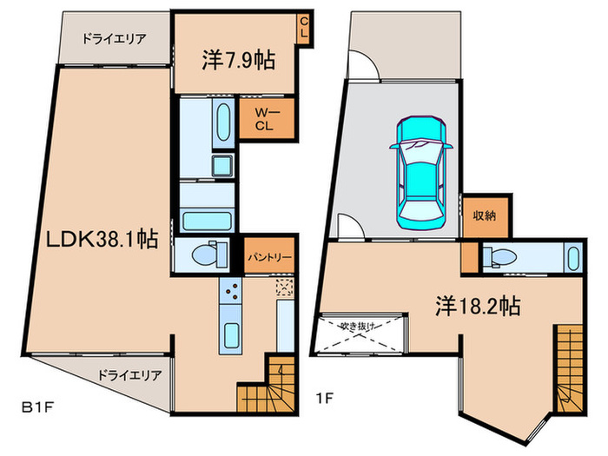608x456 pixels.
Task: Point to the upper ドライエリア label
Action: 114,38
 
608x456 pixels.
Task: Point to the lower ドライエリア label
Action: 129,375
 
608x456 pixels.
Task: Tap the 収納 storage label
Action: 485,216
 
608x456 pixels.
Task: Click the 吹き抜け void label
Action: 358,327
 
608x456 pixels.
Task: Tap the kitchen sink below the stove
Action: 231,335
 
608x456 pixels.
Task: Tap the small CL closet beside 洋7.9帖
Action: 302,29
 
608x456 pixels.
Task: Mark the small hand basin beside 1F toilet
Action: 572,257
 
